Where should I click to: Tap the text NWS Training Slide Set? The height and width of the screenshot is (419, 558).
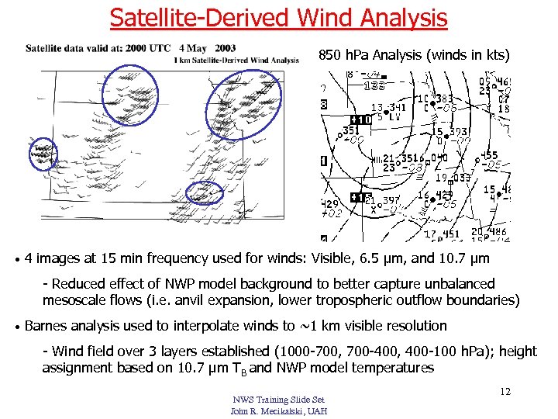pos(278,400)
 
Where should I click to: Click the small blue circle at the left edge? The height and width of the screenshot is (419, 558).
pos(43,154)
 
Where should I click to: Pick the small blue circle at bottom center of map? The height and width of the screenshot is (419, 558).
pos(206,194)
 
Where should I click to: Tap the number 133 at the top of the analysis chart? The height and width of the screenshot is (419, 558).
pos(375,85)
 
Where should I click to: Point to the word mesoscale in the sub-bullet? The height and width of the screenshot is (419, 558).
pos(77,300)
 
